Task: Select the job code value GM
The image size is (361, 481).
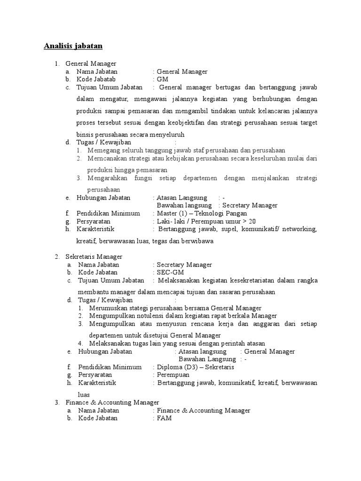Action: [x=162, y=79]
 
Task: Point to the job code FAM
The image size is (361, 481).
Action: [x=164, y=418]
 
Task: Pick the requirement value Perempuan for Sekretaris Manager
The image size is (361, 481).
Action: [x=173, y=375]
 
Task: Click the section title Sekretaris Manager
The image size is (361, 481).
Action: [x=94, y=256]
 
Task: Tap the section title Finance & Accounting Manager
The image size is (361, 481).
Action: [x=112, y=403]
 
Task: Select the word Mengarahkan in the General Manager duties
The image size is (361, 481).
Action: [x=107, y=178]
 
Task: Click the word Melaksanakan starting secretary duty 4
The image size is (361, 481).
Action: [x=108, y=343]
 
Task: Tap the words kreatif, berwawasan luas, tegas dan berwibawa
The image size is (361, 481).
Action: [x=145, y=241]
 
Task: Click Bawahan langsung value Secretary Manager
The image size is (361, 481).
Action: [x=250, y=205]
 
